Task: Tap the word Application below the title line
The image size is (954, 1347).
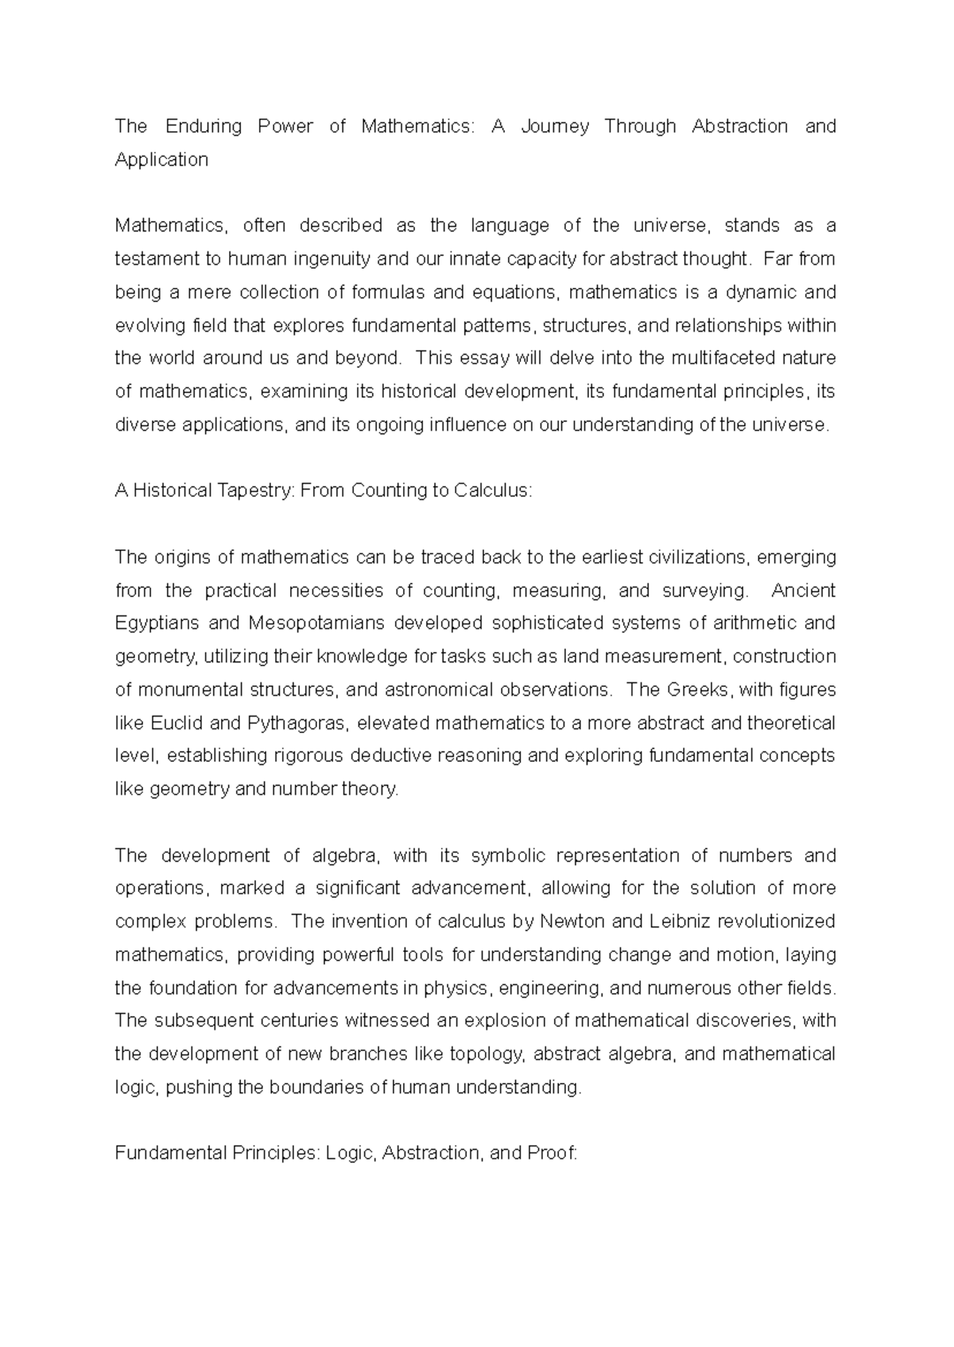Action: [161, 160]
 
